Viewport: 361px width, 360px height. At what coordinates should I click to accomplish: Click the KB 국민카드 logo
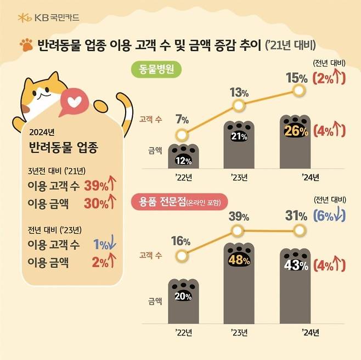(x=48, y=17)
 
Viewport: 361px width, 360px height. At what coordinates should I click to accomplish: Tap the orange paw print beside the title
(x=25, y=43)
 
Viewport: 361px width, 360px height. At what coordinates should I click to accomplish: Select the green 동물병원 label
(x=160, y=70)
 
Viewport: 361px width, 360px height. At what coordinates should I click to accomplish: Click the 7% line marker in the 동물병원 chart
(x=183, y=135)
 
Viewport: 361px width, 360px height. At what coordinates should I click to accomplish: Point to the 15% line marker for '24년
(x=300, y=90)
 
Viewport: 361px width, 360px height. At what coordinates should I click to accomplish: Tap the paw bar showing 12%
(x=183, y=157)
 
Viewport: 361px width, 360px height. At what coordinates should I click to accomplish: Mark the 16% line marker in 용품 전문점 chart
(x=183, y=255)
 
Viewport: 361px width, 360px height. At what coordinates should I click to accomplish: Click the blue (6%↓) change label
(x=329, y=216)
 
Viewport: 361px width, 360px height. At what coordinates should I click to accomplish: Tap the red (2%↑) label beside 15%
(x=329, y=78)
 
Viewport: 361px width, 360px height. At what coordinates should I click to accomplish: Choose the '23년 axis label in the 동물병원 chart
(x=240, y=177)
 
